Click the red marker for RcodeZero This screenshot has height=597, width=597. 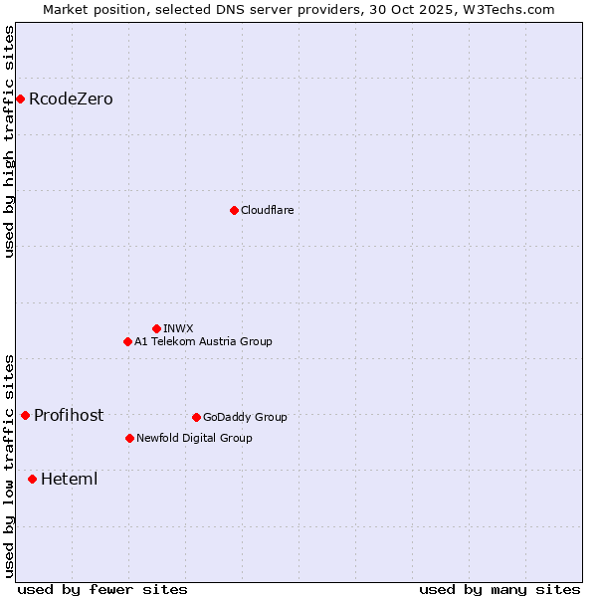tap(20, 99)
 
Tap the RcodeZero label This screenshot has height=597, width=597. tap(71, 99)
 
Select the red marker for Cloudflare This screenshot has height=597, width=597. tap(234, 210)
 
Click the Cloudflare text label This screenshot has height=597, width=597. tap(267, 210)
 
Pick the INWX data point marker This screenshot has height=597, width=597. tap(156, 328)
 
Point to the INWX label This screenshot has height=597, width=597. tap(178, 328)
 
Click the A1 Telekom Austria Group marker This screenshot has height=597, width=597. tap(127, 341)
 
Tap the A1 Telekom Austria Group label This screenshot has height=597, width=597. tap(203, 341)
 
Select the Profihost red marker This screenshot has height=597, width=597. tap(25, 415)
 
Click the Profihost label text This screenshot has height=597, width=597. tap(69, 416)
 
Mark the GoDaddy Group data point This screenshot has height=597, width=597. tap(196, 417)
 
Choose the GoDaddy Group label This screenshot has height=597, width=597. tap(245, 417)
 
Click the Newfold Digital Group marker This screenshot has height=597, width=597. tap(129, 438)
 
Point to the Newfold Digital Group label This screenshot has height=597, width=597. tap(194, 438)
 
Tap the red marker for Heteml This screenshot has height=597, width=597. tap(32, 479)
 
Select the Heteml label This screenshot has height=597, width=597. tap(69, 480)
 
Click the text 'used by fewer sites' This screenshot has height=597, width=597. tap(102, 589)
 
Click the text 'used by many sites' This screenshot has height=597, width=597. tap(499, 589)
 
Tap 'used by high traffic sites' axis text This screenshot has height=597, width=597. tap(10, 141)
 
